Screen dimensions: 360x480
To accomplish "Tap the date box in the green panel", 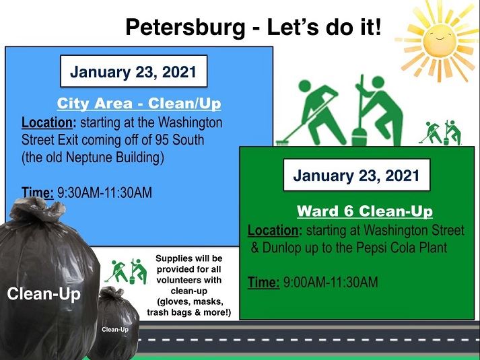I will point(357,177).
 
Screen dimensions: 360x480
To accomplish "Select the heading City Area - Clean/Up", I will point(139,104).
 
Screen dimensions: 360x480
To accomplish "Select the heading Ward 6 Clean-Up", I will point(364,211).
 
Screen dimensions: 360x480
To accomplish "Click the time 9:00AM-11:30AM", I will point(331,282).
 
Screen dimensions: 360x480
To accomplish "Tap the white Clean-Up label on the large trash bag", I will point(44,295).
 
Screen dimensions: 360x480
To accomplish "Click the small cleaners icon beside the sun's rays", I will point(441,132).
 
